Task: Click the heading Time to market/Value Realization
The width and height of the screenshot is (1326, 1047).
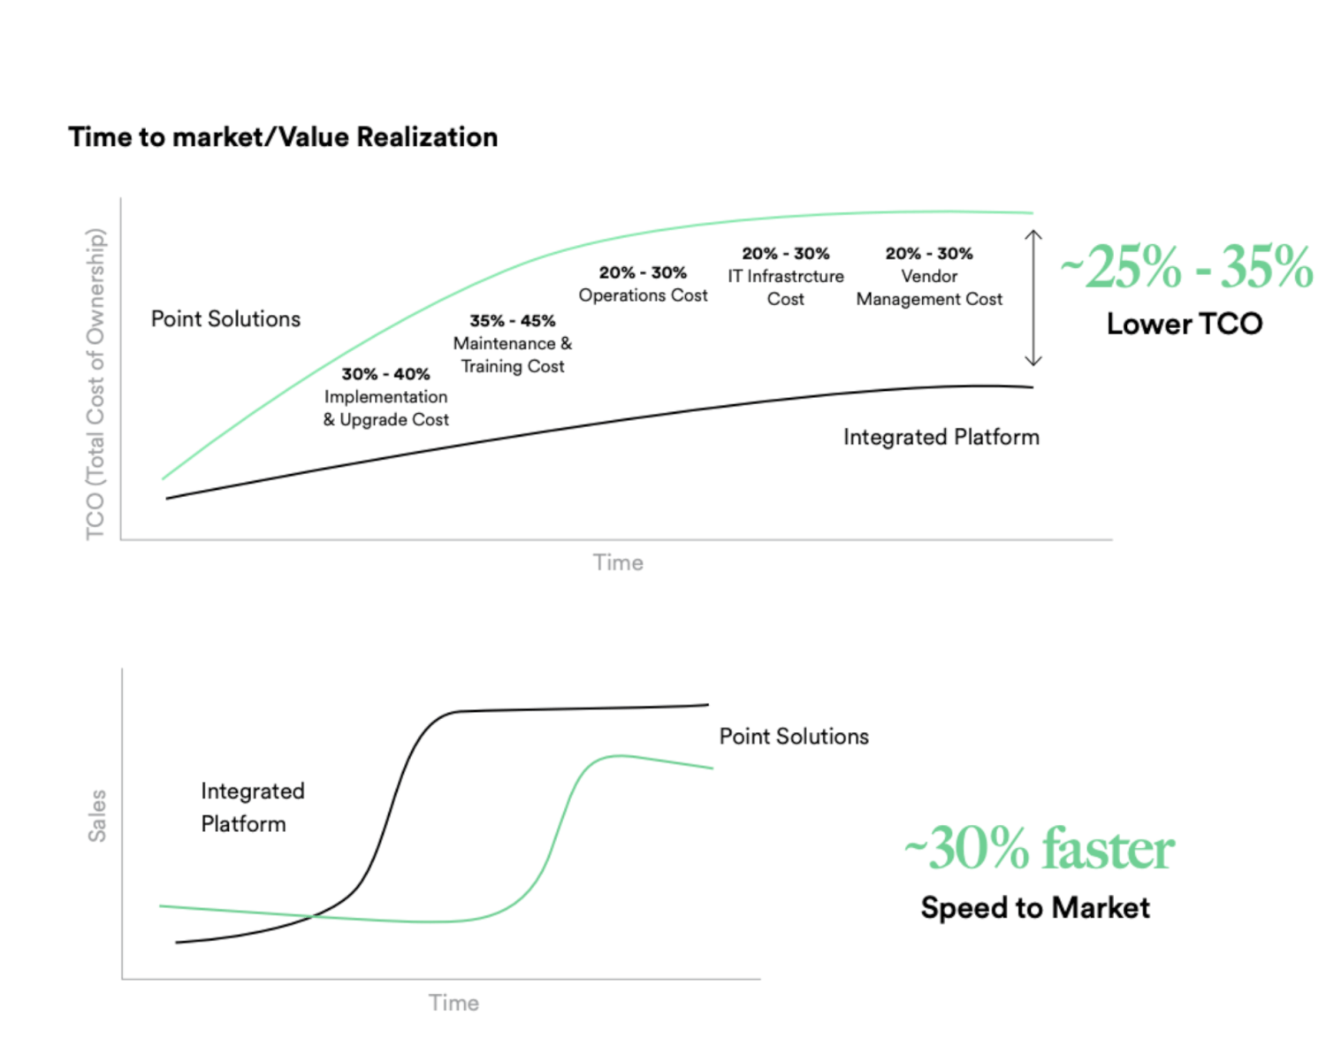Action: [283, 137]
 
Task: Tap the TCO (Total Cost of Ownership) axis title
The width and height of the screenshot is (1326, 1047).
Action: [95, 384]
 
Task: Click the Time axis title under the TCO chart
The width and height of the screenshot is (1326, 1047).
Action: [618, 562]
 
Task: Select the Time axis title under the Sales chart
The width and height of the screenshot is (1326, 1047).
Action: [454, 1003]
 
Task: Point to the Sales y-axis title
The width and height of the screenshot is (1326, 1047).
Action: [96, 816]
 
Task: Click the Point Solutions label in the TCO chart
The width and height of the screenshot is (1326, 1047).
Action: [225, 318]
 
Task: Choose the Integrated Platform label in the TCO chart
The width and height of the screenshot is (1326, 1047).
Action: [941, 437]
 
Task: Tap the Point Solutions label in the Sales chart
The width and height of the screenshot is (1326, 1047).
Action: [794, 737]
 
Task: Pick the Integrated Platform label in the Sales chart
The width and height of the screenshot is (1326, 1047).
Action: [253, 807]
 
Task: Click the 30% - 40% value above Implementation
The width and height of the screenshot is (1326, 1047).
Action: [385, 374]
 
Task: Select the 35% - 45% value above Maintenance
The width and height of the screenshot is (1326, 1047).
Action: [513, 321]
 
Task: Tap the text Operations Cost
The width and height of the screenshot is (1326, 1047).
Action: [643, 295]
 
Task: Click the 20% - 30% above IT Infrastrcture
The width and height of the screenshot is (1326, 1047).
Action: [786, 254]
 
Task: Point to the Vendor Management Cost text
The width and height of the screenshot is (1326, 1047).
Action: [929, 287]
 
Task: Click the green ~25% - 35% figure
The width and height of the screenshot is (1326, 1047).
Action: [1186, 266]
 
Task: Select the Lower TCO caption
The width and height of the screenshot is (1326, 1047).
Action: [1185, 324]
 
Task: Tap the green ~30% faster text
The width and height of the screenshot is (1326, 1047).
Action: [1040, 849]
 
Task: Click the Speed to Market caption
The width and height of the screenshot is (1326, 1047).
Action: [1035, 907]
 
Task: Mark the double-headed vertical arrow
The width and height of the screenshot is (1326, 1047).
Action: [1033, 298]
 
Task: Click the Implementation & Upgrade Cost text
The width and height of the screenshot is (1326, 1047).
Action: [386, 409]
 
